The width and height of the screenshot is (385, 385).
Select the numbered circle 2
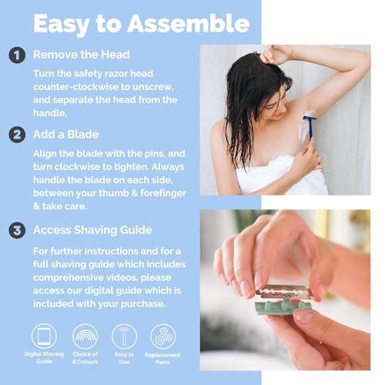click(15, 135)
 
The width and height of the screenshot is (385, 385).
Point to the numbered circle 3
click(15, 229)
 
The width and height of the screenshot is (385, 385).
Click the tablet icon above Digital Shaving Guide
click(44, 336)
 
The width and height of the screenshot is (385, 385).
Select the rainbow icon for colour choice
click(85, 336)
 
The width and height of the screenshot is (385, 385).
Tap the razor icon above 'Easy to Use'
click(124, 336)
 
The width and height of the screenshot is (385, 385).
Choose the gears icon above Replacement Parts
click(163, 336)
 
